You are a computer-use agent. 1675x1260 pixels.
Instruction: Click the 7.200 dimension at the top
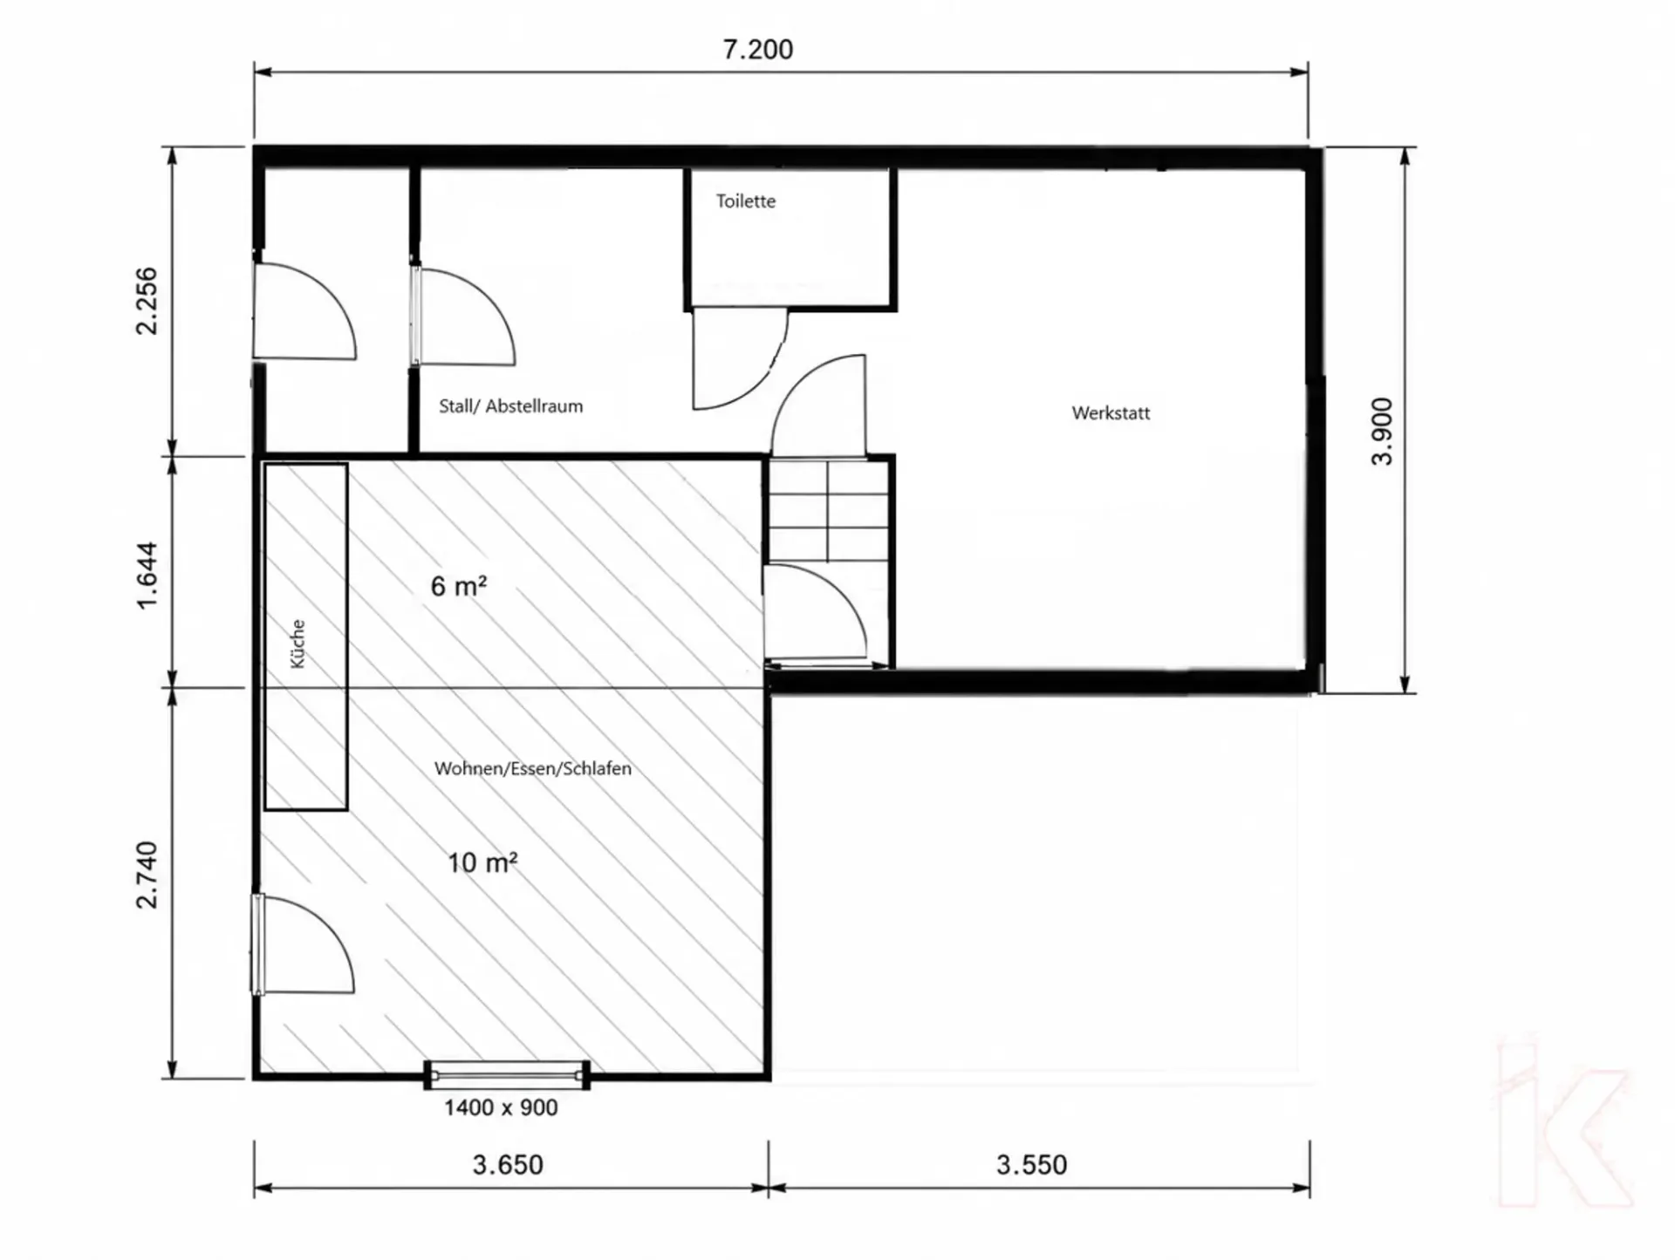point(758,50)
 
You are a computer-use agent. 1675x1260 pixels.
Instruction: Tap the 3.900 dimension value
point(1382,432)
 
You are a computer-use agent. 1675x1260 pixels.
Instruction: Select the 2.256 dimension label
point(147,301)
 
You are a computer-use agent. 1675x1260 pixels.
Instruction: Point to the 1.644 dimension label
point(147,576)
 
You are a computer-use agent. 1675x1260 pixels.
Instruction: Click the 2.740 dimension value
point(147,875)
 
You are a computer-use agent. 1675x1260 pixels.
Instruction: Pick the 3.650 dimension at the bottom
point(508,1165)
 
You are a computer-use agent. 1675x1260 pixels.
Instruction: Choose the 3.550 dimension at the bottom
point(1031,1165)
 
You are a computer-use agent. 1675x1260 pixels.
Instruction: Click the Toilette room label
point(746,201)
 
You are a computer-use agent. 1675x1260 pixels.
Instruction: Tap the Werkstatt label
point(1111,413)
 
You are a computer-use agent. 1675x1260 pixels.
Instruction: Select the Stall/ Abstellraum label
point(510,406)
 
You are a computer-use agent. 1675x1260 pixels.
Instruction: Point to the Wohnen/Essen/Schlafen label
point(533,769)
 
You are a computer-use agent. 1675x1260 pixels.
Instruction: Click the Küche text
point(297,644)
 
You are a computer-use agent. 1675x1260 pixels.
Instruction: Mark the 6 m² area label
point(459,586)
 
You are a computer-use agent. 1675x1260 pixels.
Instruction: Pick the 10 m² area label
point(482,862)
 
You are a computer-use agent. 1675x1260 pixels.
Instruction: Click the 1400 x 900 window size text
point(501,1108)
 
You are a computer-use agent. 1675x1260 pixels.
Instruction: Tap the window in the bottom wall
point(507,1076)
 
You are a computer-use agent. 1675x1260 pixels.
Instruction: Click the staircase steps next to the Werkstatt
point(827,511)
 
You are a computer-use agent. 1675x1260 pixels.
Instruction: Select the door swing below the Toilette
point(740,358)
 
